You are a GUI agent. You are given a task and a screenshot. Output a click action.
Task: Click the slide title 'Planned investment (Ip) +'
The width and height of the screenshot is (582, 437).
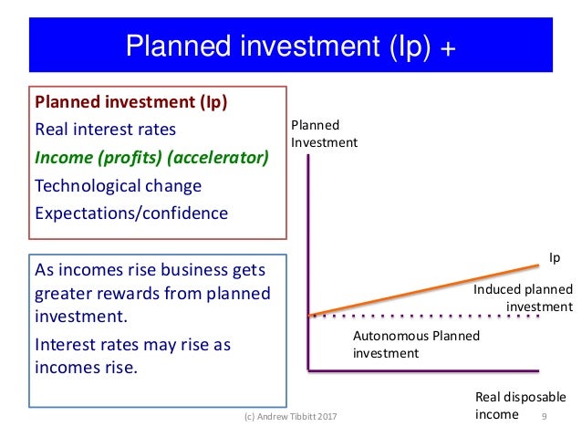[290, 45]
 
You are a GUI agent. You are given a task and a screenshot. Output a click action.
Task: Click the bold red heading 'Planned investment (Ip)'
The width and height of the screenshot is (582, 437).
[130, 100]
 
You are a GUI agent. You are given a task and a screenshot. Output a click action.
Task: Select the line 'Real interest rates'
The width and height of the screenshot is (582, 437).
[105, 129]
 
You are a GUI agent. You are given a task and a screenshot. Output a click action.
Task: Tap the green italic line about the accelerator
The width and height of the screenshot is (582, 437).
[151, 157]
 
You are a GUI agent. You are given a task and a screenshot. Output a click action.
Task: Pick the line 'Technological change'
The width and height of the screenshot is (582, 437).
[118, 185]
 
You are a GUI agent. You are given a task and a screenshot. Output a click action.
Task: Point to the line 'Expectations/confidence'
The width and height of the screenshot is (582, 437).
[131, 213]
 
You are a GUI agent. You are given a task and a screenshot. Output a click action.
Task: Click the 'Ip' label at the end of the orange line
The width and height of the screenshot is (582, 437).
[554, 258]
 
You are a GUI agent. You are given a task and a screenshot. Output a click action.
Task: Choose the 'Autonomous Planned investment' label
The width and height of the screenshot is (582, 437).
[415, 344]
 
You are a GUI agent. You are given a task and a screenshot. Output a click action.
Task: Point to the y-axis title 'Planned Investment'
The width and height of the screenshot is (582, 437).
[324, 133]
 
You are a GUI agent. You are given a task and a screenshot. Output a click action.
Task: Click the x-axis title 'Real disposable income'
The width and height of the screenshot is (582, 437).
[519, 406]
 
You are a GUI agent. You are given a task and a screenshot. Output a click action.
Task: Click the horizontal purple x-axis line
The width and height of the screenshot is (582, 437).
[424, 370]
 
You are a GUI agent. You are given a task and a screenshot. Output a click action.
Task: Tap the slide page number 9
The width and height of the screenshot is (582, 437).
[544, 416]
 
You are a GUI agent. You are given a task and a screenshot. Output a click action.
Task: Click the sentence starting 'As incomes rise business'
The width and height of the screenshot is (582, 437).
[151, 293]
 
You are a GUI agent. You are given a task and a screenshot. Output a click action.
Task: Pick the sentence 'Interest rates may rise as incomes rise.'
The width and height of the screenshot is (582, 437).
[131, 357]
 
